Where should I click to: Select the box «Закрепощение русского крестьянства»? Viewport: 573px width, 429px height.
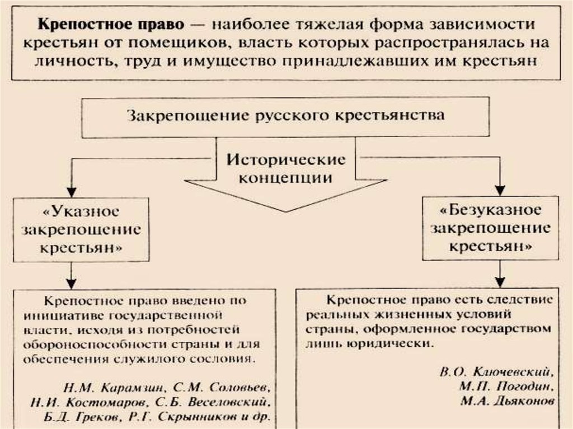(x=286, y=117)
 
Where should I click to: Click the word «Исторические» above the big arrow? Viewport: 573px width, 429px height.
(x=286, y=159)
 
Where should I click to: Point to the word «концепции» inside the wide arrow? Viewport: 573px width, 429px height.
(x=285, y=178)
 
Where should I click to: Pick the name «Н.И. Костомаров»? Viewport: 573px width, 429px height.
(x=87, y=402)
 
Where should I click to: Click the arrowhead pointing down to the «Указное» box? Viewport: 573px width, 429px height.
(x=71, y=189)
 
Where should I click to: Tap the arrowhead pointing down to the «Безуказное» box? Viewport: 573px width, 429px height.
(x=500, y=189)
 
